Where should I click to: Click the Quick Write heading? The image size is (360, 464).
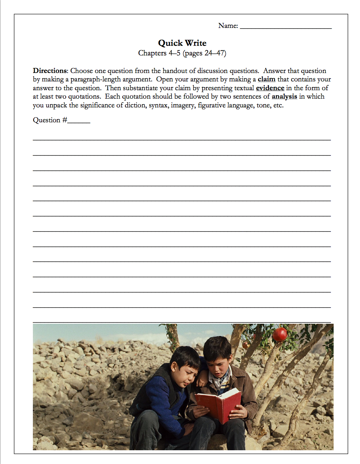182,43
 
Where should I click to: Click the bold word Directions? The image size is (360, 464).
50,71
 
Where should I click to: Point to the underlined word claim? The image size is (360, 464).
266,79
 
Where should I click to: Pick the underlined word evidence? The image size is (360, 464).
270,88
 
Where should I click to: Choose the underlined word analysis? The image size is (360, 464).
284,97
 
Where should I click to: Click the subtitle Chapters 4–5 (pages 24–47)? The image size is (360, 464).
182,53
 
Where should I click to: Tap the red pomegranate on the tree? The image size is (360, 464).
279,334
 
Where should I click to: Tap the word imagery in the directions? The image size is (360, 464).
182,105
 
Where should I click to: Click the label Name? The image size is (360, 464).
228,26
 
